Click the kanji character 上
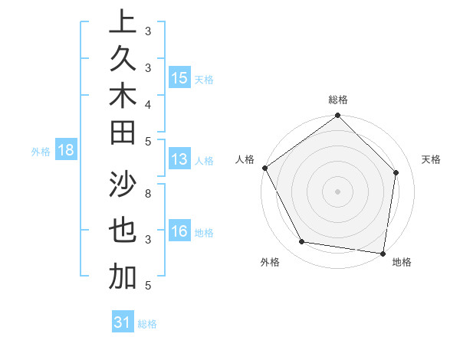(123, 21)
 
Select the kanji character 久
(123, 58)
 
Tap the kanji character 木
(123, 95)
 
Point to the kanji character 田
(123, 132)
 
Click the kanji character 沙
(123, 184)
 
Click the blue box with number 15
(179, 78)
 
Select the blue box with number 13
(179, 160)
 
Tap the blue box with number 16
(179, 231)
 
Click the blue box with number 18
(66, 151)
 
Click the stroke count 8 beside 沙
(147, 194)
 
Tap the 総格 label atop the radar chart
(338, 100)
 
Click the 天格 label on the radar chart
(431, 159)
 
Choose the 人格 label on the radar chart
(245, 159)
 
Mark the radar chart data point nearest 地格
(383, 253)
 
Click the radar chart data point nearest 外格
(302, 242)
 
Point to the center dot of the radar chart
(338, 191)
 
